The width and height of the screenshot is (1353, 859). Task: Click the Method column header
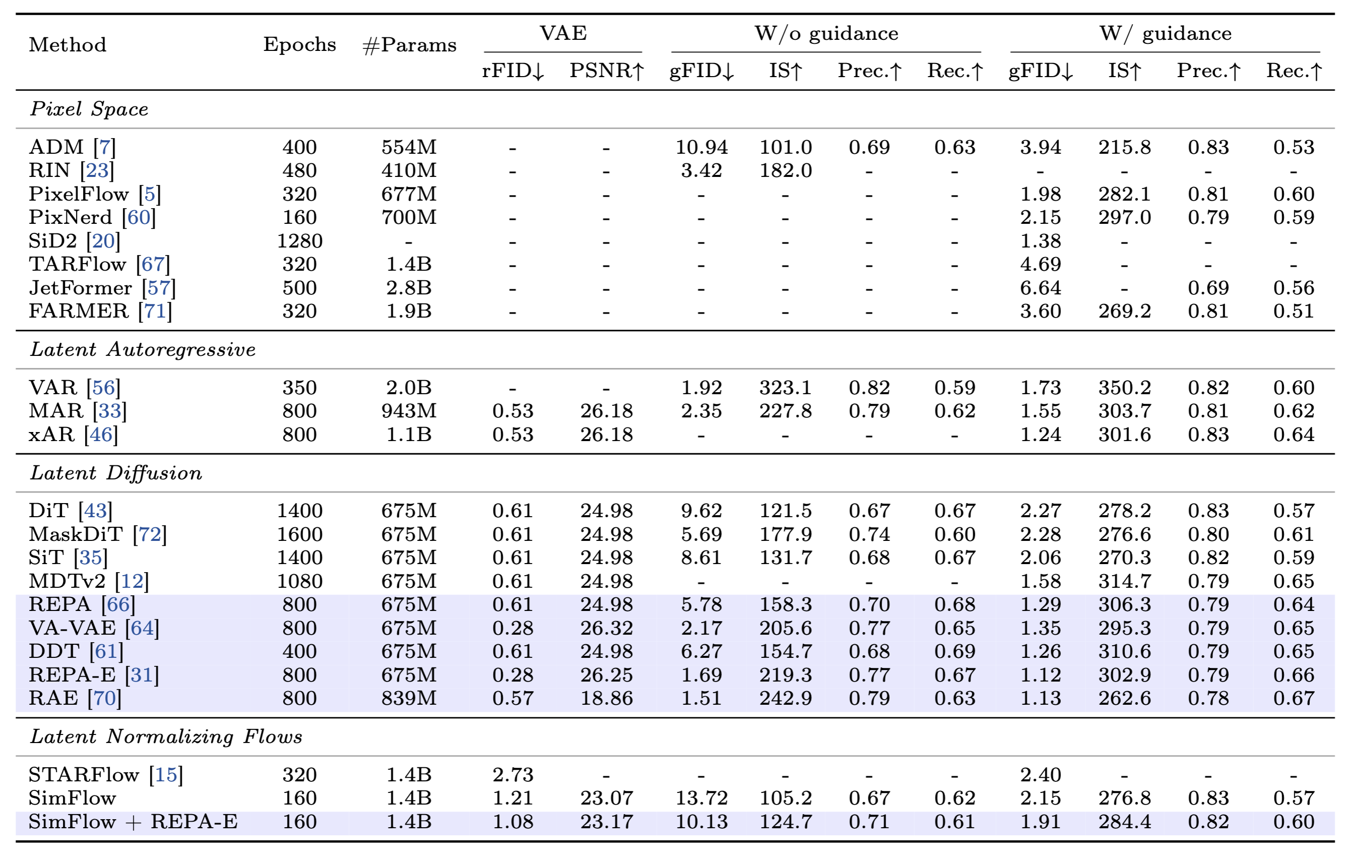67,44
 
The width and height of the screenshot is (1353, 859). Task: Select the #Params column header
409,44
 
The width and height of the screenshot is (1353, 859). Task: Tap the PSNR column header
605,71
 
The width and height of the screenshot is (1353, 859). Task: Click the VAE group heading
563,33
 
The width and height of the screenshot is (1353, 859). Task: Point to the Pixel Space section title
89,108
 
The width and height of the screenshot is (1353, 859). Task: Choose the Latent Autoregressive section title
143,349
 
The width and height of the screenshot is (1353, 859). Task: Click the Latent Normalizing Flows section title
166,737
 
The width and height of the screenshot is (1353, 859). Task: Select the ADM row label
56,147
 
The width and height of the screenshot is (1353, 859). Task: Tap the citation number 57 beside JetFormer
159,288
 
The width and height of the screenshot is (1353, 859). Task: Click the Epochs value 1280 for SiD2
300,241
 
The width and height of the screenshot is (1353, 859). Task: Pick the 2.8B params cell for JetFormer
409,288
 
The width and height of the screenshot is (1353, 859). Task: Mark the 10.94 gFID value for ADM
701,147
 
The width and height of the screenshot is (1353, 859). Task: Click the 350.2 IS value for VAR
1124,388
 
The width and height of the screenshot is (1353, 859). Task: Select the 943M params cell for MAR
409,411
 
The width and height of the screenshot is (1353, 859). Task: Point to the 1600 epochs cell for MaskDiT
300,534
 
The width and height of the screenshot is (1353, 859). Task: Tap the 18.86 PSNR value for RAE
606,698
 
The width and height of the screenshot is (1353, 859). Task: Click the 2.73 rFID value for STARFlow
512,775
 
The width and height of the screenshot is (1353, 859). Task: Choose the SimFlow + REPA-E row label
133,822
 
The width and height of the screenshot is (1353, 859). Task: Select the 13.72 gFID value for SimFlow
701,799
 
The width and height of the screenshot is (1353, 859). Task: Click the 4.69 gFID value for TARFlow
1041,264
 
